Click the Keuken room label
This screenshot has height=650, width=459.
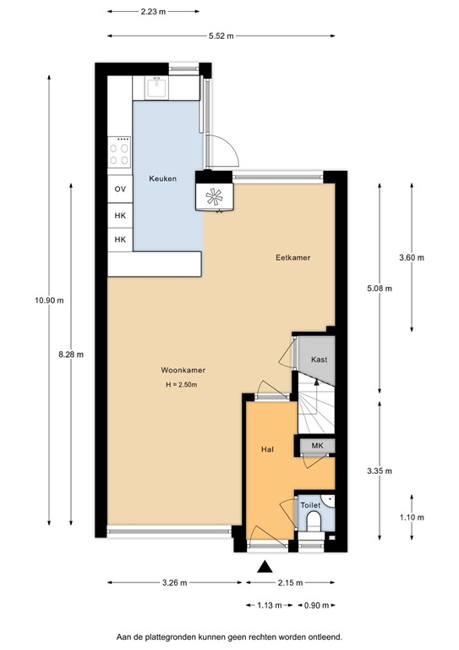pyautogui.click(x=162, y=179)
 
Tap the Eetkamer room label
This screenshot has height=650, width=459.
pyautogui.click(x=290, y=256)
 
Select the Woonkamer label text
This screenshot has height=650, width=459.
pyautogui.click(x=183, y=370)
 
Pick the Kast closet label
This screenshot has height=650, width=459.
pyautogui.click(x=319, y=360)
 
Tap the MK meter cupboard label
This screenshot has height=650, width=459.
pyautogui.click(x=317, y=446)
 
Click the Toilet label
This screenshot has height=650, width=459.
pyautogui.click(x=310, y=504)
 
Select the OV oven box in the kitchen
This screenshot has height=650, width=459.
pyautogui.click(x=119, y=190)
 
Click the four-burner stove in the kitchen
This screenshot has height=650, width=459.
pyautogui.click(x=120, y=153)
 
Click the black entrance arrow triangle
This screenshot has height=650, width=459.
pyautogui.click(x=266, y=568)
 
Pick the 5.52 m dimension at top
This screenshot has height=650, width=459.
pyautogui.click(x=221, y=36)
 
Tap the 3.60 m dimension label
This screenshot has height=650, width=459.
pyautogui.click(x=412, y=257)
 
